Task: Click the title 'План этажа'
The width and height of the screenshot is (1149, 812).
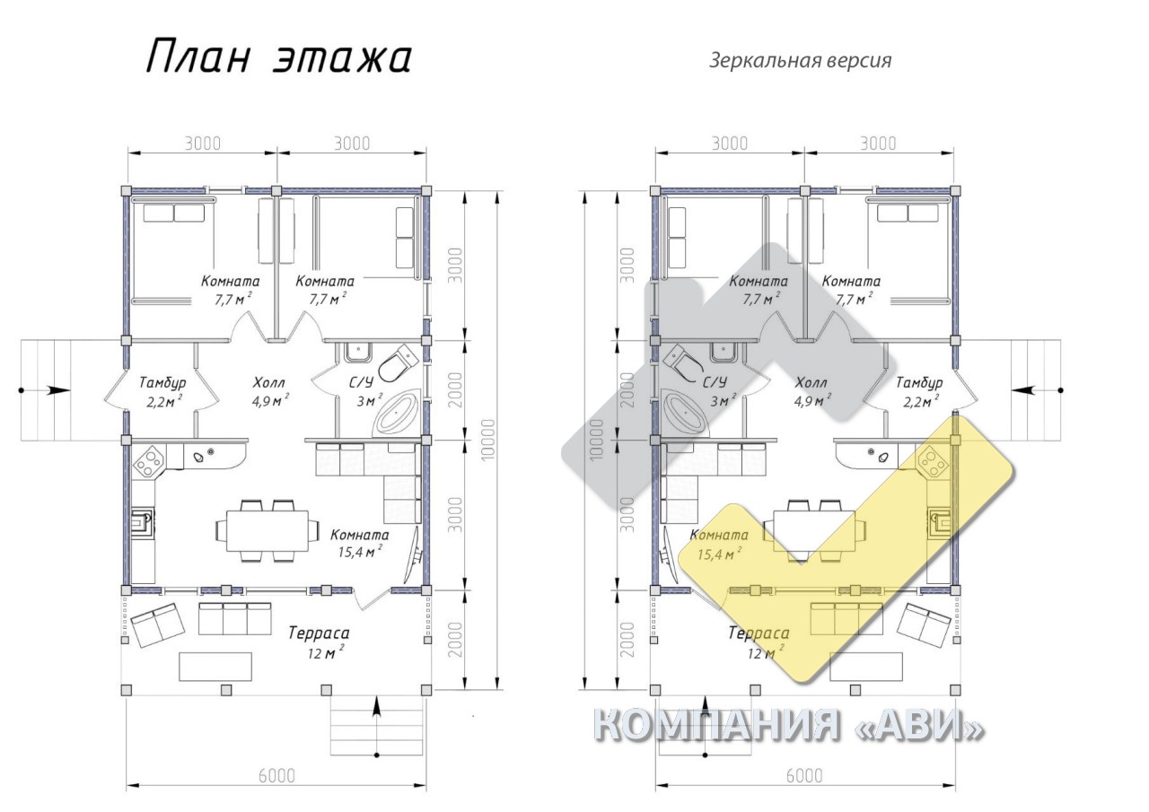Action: (x=278, y=57)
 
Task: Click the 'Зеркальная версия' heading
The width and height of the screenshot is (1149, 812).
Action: (x=800, y=60)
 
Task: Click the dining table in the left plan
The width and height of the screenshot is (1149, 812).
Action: (x=268, y=530)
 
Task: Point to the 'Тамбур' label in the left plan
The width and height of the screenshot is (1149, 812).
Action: (x=162, y=382)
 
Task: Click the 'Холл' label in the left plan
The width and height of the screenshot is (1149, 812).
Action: (x=268, y=382)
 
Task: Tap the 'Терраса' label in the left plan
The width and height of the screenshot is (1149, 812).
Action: (x=319, y=633)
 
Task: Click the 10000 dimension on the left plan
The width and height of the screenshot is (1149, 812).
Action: (x=487, y=440)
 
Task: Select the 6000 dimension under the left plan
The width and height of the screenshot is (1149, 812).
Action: (x=276, y=775)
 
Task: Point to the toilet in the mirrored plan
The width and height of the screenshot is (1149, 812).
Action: (x=683, y=362)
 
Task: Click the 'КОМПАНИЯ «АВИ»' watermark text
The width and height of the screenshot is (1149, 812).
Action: (x=788, y=725)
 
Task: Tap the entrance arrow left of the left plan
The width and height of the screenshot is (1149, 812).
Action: (x=45, y=390)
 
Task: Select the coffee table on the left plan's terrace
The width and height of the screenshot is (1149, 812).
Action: (x=215, y=667)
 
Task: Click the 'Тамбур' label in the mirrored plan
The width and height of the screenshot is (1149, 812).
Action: (x=920, y=382)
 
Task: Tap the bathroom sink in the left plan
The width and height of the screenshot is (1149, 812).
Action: (x=358, y=352)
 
